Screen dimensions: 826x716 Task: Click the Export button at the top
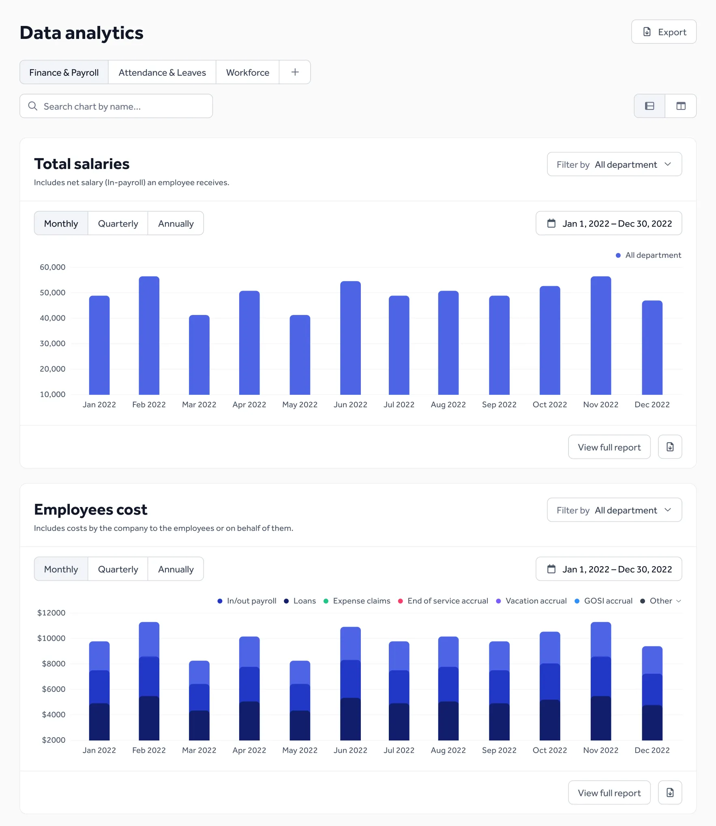point(664,32)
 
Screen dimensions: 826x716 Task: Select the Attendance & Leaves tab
point(162,73)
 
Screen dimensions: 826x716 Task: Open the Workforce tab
point(247,73)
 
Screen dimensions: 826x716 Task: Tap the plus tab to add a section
point(295,73)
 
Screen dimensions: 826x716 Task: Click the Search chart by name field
point(116,106)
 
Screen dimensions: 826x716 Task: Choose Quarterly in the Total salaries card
point(118,224)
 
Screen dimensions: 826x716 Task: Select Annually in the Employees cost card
point(176,569)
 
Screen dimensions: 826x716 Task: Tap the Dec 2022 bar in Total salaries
point(652,347)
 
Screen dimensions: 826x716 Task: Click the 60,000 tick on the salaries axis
point(52,267)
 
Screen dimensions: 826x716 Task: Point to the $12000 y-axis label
point(51,613)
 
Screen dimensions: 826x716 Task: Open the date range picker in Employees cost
point(609,569)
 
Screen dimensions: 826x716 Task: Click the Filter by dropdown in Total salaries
point(614,165)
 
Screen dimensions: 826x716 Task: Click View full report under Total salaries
point(609,447)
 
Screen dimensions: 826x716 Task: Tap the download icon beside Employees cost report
point(670,793)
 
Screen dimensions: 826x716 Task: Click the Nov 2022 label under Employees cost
point(600,751)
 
